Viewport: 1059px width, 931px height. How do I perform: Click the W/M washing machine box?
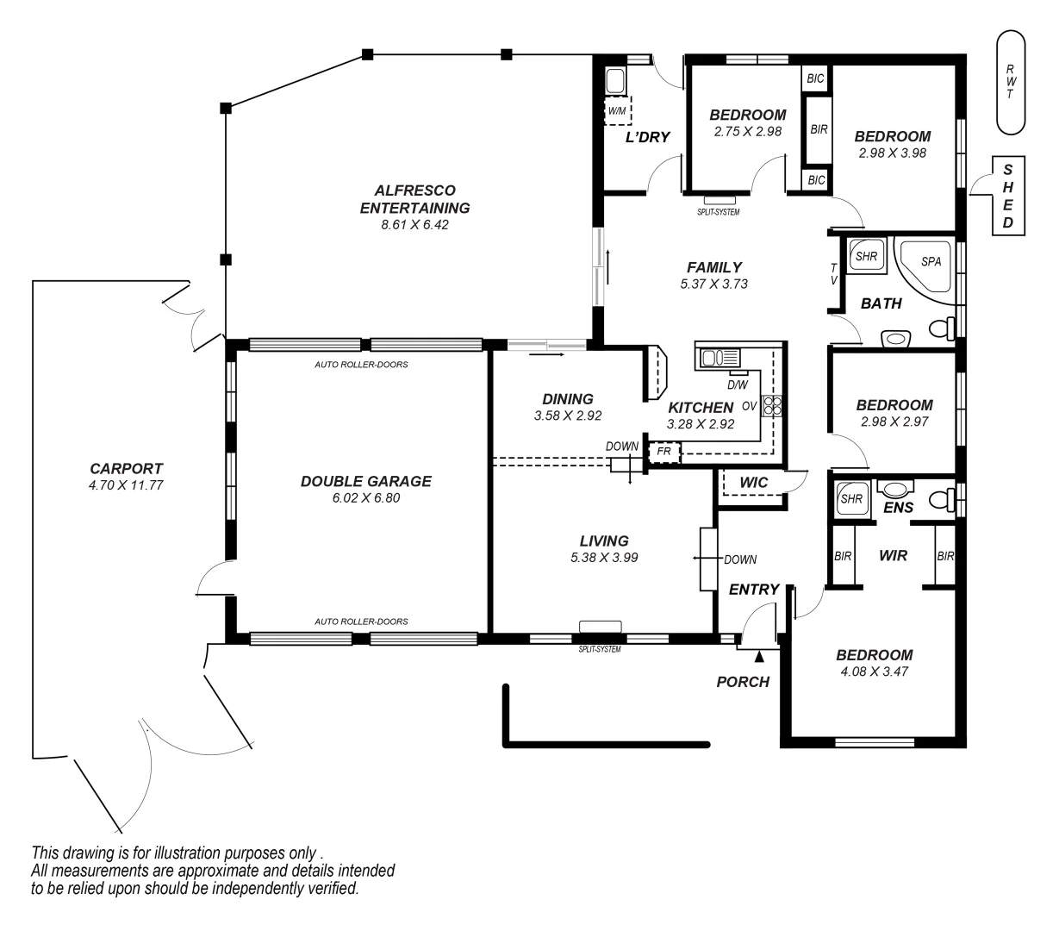618,111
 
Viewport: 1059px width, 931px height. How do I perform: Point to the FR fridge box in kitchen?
664,451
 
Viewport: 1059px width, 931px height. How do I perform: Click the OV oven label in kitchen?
749,406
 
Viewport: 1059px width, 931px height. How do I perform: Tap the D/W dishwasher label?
738,384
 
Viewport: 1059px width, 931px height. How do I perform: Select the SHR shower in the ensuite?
851,498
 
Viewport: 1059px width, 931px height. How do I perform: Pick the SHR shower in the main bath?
865,256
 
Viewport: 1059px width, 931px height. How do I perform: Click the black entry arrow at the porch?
759,657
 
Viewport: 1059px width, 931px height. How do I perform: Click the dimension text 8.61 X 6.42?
414,225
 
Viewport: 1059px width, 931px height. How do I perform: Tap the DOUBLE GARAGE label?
365,481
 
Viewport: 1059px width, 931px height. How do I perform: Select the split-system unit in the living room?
600,627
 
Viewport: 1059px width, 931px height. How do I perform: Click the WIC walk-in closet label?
754,483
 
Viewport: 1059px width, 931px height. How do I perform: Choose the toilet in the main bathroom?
943,328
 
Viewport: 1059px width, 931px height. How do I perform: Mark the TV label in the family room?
833,273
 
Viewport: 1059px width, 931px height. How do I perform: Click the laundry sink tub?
616,82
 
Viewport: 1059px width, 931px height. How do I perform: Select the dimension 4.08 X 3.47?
875,671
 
